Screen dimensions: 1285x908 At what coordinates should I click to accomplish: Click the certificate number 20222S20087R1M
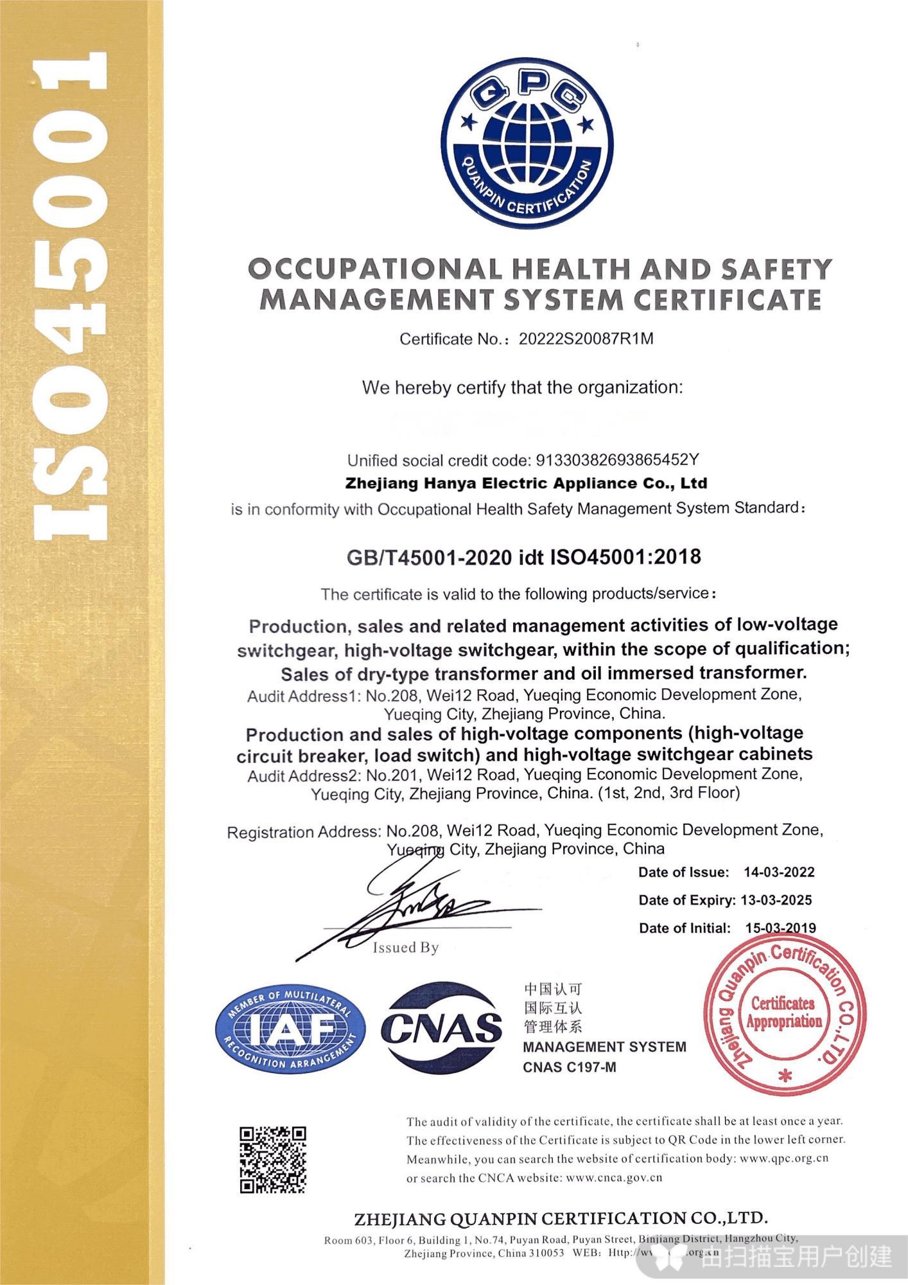click(586, 339)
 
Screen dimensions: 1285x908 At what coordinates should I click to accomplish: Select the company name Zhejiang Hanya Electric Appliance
click(526, 483)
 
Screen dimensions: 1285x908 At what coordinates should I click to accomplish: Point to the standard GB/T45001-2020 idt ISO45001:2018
click(523, 556)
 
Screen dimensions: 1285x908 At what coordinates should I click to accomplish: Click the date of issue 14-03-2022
click(779, 872)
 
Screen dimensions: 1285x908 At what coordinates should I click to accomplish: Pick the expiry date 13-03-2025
click(776, 900)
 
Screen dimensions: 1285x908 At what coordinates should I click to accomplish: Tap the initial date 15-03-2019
click(780, 928)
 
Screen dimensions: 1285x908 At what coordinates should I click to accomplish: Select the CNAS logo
click(441, 1029)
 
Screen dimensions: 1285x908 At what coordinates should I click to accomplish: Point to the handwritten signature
click(411, 906)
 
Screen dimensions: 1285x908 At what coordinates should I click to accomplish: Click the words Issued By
click(406, 948)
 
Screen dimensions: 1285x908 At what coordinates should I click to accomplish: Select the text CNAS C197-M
click(570, 1067)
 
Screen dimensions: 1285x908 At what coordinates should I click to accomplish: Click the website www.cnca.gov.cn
click(615, 1178)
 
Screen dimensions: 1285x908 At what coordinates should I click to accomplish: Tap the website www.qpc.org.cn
click(784, 1158)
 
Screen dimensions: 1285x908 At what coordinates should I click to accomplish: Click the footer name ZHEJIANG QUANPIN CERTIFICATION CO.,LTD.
click(561, 1218)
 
